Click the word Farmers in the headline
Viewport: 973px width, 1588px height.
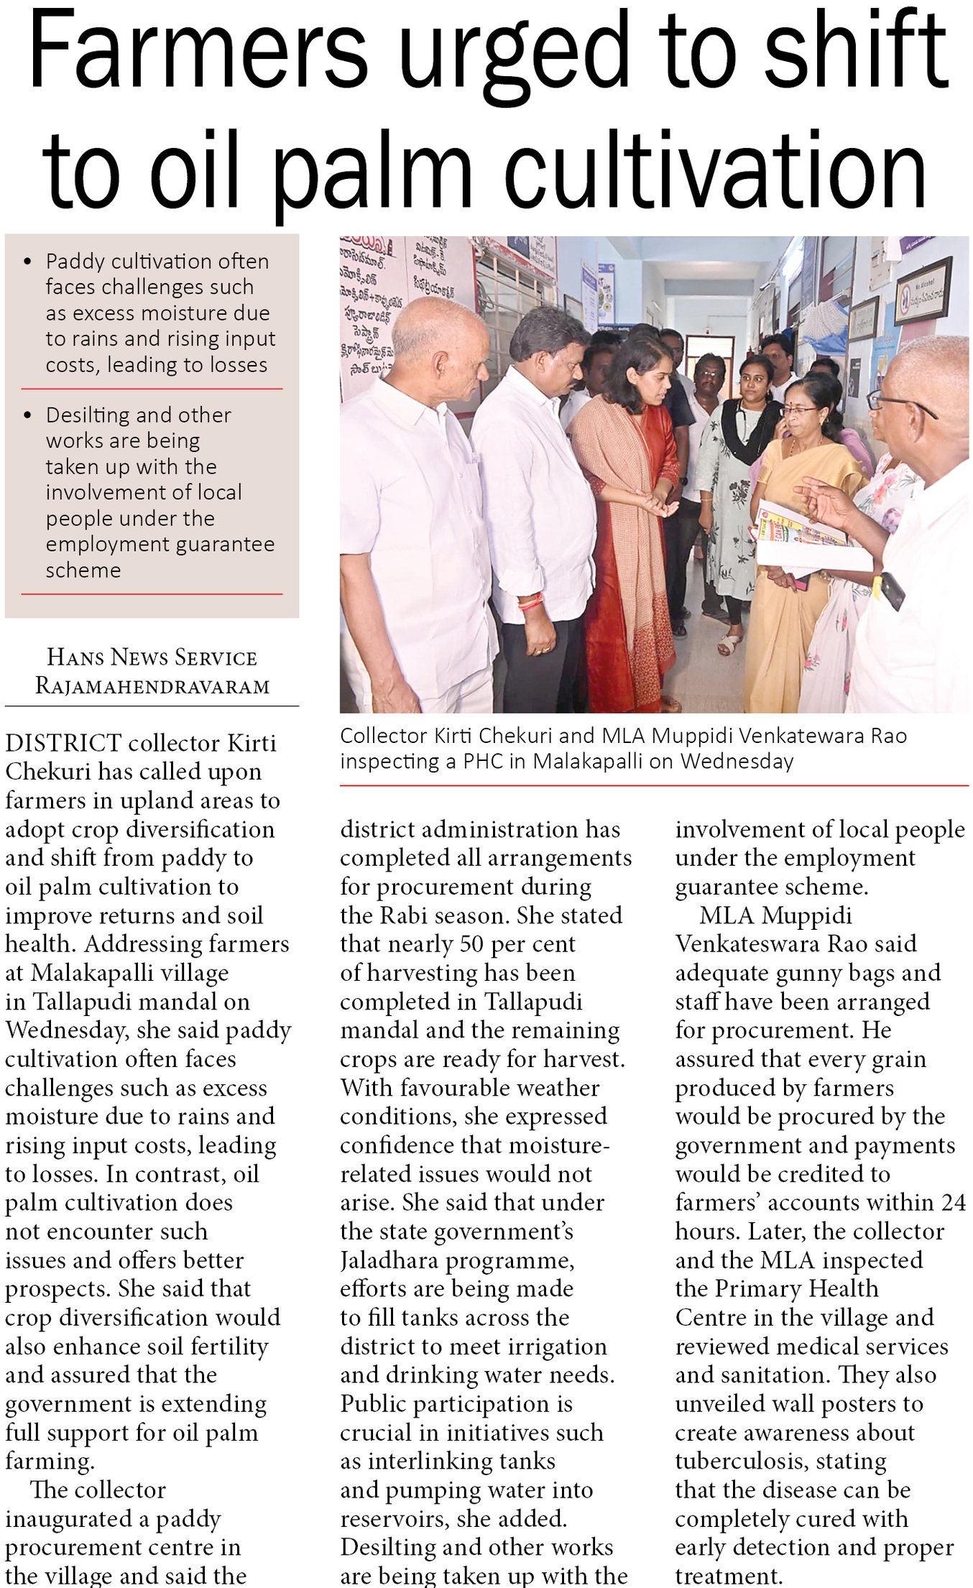(198, 50)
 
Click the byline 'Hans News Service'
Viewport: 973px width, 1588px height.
(152, 657)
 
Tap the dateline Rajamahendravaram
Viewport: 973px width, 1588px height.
(152, 685)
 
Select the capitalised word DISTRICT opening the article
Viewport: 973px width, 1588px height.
(63, 742)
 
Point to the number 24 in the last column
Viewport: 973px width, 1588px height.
(952, 1202)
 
